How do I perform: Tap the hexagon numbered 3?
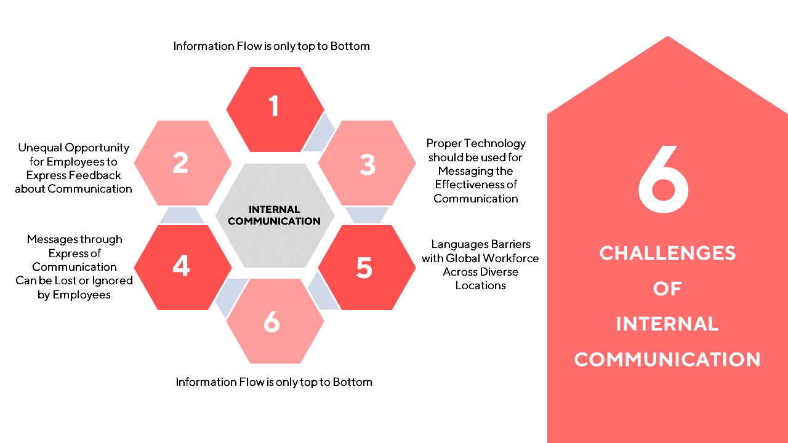coord(367,163)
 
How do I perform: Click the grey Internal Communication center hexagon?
coord(275,215)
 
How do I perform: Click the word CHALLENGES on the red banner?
coord(667,253)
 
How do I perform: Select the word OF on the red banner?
coord(667,289)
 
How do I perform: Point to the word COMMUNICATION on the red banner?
coord(667,359)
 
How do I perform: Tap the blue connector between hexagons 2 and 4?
coord(182,215)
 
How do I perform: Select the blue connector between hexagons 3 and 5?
coord(367,215)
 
